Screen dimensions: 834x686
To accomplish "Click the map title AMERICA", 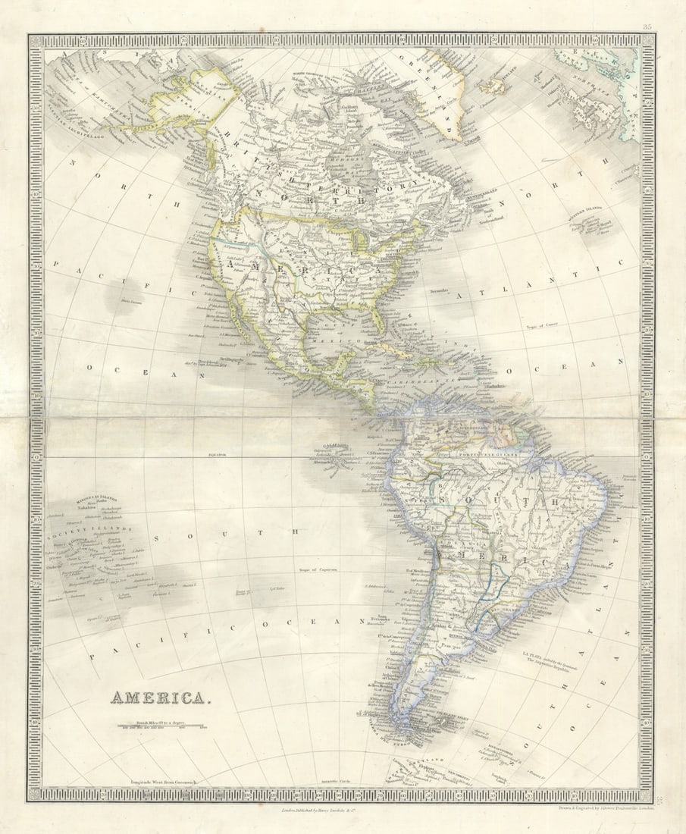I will (x=158, y=698).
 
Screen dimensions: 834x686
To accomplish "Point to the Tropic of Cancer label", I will (x=540, y=327).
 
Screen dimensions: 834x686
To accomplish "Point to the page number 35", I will (x=647, y=27).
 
